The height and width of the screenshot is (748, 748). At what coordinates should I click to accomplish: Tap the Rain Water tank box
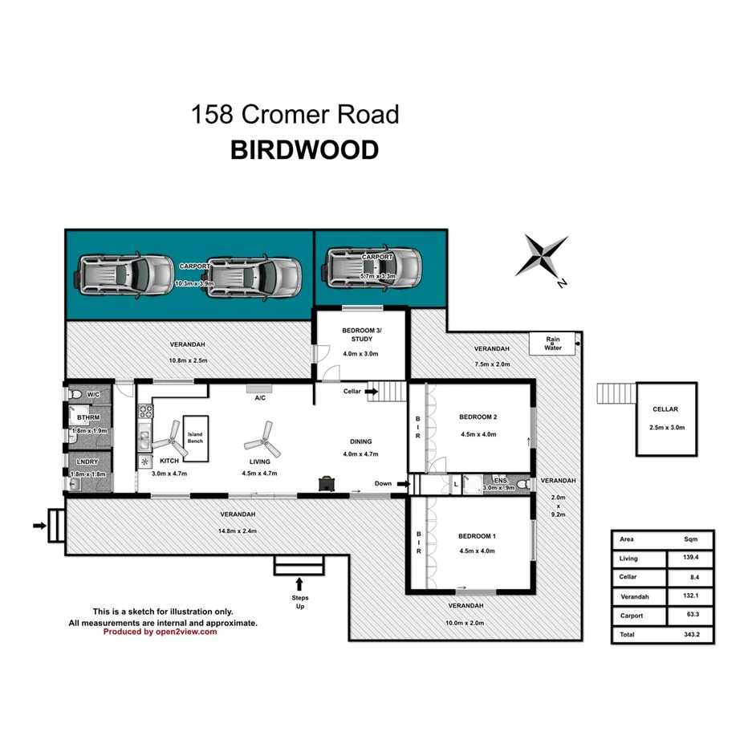553,344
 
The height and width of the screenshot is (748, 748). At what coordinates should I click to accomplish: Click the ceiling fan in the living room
261,438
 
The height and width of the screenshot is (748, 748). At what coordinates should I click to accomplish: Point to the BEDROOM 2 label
478,417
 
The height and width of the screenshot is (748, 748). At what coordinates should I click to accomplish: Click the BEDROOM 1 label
478,536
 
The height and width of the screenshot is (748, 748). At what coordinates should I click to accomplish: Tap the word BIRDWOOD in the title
304,151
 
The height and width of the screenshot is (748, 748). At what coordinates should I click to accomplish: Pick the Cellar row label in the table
629,577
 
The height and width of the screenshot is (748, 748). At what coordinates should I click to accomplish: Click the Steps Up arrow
300,583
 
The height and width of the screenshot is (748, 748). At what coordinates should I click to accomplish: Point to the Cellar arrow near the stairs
372,391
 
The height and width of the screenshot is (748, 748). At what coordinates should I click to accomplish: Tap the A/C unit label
260,397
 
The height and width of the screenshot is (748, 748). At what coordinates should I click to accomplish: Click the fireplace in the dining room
327,482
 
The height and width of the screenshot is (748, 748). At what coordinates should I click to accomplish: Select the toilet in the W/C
75,395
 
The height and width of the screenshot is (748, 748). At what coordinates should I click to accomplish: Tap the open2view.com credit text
160,632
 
